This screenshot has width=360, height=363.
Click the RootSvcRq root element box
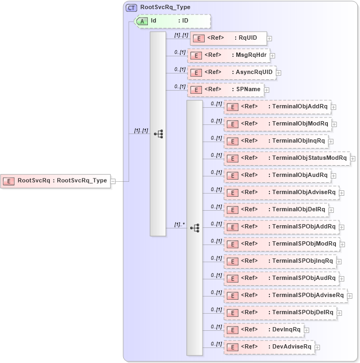click(x=56, y=181)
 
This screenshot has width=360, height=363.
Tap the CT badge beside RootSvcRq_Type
click(x=131, y=8)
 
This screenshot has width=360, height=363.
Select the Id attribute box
click(x=172, y=21)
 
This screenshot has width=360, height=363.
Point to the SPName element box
click(x=226, y=90)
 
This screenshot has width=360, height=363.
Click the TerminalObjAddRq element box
click(x=277, y=107)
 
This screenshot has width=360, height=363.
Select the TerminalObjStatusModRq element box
click(x=287, y=158)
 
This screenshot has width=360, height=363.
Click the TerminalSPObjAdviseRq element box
click(x=285, y=295)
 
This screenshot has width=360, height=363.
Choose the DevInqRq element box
click(x=264, y=330)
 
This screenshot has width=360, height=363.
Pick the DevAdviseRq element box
click(x=269, y=347)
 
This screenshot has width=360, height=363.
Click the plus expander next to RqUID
click(x=269, y=39)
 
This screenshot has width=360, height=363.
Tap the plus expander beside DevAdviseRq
click(x=318, y=347)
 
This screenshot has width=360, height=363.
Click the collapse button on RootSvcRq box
click(x=113, y=181)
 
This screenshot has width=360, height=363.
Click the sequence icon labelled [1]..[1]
click(x=159, y=134)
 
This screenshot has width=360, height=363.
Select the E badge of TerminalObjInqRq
click(x=232, y=141)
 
